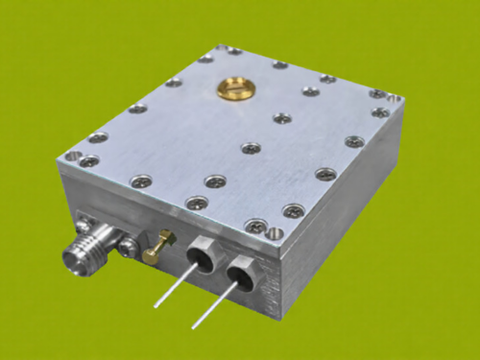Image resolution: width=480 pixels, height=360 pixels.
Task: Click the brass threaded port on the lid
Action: point(230,86)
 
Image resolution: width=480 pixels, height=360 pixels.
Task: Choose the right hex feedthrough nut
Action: point(241,276)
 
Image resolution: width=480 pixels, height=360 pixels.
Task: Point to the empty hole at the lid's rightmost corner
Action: point(394,98)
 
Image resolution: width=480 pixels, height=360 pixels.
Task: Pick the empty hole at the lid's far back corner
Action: point(222,47)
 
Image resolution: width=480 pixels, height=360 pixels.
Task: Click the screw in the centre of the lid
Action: point(251,148)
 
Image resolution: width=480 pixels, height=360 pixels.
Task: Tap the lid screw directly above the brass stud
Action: point(197,203)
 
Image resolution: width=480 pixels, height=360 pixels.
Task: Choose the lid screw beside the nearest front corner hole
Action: point(257,226)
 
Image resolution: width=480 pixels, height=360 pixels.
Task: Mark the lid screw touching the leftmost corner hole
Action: point(88,161)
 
